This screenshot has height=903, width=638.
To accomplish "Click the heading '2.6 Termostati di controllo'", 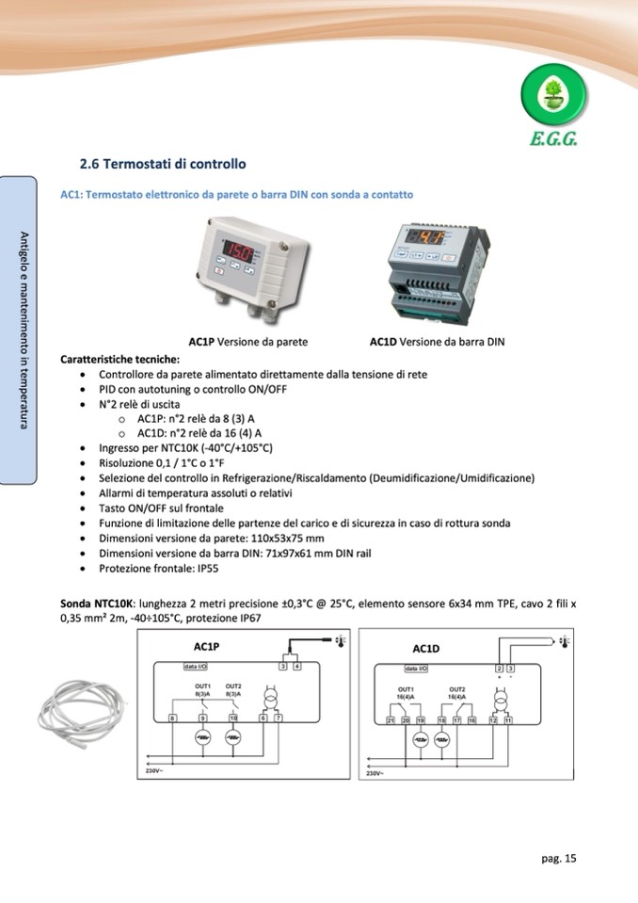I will point(163,164).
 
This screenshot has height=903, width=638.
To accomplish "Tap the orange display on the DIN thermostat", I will point(430,238).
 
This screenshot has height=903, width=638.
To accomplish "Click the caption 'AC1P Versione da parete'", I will point(248,342).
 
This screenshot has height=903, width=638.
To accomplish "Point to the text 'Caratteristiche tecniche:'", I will point(120,359).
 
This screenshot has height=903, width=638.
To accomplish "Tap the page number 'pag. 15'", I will point(558,858).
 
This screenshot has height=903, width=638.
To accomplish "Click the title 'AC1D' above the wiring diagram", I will point(426,649).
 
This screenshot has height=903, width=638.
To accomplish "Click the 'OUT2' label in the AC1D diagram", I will point(457,689).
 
